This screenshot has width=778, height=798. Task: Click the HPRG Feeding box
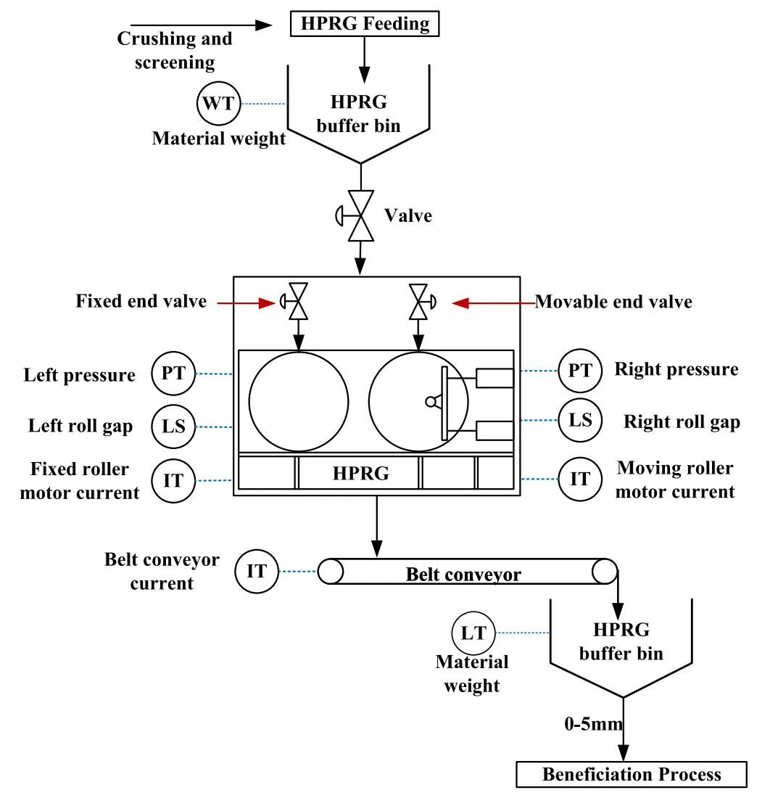click(365, 23)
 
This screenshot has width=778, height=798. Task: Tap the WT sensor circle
click(218, 104)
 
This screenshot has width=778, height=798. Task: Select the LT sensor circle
click(473, 633)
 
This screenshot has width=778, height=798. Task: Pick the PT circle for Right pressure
click(580, 371)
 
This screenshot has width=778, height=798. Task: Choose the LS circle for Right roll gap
click(580, 419)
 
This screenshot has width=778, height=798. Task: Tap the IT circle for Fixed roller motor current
click(173, 480)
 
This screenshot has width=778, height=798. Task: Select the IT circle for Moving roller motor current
click(580, 479)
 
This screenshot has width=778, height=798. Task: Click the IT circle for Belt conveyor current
click(257, 572)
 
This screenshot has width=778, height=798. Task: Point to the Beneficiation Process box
click(631, 775)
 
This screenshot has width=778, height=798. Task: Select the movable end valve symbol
click(418, 301)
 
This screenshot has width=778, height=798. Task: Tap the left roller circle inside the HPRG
click(298, 400)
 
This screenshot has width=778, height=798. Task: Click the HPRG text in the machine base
click(360, 474)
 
